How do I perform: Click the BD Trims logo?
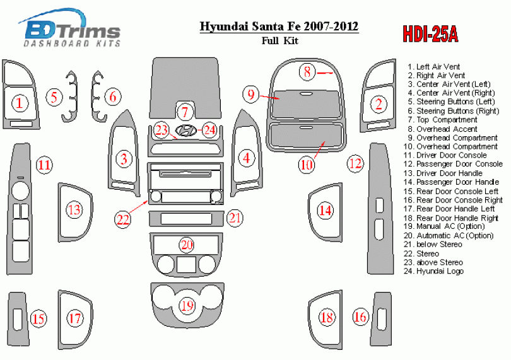[x=70, y=28]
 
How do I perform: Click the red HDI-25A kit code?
[x=430, y=33]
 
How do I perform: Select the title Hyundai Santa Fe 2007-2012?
[x=279, y=26]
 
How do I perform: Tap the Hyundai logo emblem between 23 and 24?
[x=185, y=130]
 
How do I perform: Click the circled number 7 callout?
[x=185, y=112]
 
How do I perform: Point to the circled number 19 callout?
[x=187, y=306]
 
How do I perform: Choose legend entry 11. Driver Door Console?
[x=445, y=155]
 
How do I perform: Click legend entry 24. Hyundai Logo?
[x=433, y=271]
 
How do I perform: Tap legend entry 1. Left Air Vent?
[x=433, y=67]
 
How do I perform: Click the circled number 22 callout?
[x=123, y=219]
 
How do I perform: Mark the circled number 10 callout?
[x=307, y=165]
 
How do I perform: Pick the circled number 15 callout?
[x=38, y=318]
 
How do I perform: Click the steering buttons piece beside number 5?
[x=71, y=96]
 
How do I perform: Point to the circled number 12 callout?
[x=355, y=163]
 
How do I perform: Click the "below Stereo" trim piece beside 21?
[x=186, y=219]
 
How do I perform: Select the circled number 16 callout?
[x=360, y=316]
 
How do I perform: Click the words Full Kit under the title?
[x=280, y=41]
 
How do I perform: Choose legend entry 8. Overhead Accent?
[x=442, y=129]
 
